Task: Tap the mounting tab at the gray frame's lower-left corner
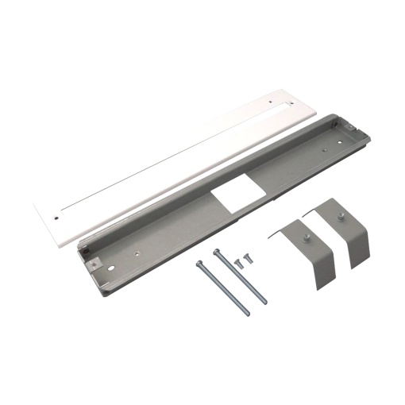(92, 260)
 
